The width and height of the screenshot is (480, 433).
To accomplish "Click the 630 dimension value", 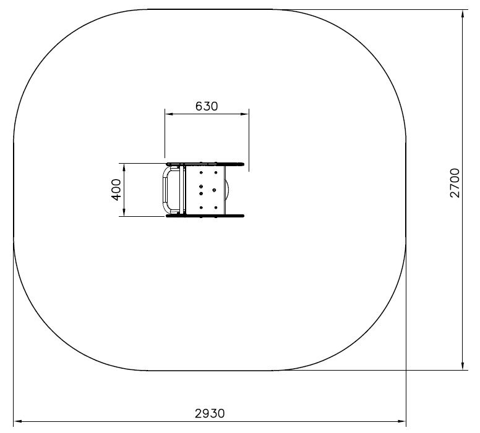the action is pos(207,106).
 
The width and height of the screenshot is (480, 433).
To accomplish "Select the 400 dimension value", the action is pos(116,190).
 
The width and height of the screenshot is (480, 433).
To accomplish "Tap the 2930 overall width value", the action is pos(210,413).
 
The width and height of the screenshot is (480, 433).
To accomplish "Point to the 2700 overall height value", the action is pos(455,183).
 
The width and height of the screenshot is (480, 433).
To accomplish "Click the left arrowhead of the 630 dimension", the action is pos(169,114).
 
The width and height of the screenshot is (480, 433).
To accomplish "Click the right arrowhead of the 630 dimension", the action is pos(244,114).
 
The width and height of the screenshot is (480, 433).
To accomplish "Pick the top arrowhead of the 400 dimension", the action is pos(124,168).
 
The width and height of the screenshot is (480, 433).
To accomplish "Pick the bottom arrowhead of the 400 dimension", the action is pos(124,212).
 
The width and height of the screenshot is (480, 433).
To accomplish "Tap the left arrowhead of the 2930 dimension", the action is pos(18,421).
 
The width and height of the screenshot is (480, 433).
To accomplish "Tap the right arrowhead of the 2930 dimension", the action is pos(401,421).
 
